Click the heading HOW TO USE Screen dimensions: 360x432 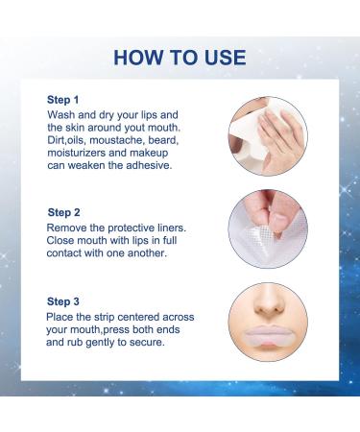pyautogui.click(x=180, y=58)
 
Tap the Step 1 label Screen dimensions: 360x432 pyautogui.click(x=62, y=100)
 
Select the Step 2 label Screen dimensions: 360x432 pyautogui.click(x=63, y=212)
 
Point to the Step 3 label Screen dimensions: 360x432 pyautogui.click(x=63, y=301)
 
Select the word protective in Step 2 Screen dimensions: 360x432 pyautogui.click(x=131, y=228)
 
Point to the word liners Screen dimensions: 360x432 pyautogui.click(x=172, y=228)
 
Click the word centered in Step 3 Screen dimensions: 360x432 pyautogui.click(x=138, y=317)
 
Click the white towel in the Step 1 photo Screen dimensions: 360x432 pyautogui.click(x=252, y=134)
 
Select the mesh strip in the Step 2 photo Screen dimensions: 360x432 pyautogui.click(x=258, y=236)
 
